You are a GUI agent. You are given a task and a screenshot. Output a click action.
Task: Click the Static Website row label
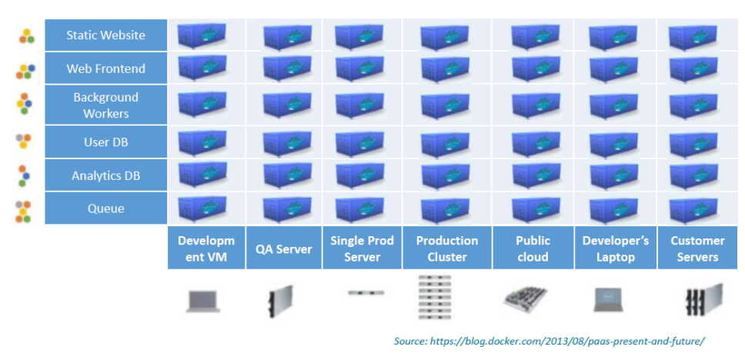coord(105,35)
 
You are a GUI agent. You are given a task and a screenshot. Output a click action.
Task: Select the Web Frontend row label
coord(105,68)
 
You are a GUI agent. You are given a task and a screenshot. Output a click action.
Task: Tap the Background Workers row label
coord(105,105)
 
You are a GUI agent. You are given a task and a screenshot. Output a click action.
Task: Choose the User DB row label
coord(105,142)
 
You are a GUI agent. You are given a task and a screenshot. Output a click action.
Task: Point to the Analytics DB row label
coord(105,175)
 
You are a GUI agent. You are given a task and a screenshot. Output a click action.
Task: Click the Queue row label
coord(105,208)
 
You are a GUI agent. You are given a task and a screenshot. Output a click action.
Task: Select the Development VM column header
coord(206,248)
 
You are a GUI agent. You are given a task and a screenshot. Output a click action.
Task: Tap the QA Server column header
coord(284,248)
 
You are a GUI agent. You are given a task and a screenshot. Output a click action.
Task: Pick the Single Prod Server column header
coord(362,248)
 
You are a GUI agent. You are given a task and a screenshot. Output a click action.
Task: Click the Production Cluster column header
coord(446,248)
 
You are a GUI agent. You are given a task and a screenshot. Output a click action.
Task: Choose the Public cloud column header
coord(533,248)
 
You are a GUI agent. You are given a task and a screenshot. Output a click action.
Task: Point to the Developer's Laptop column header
coord(615,248)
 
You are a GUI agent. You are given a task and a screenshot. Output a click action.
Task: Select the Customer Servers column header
coord(697,248)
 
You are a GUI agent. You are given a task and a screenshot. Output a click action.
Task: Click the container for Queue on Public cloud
coord(536,209)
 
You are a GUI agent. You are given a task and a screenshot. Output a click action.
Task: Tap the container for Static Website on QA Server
coord(287,36)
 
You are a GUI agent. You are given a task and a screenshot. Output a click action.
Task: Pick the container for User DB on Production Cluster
coord(445,143)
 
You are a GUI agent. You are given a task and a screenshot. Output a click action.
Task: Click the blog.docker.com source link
coord(548,340)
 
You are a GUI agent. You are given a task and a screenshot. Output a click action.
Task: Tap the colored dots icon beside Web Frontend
coord(25,72)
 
